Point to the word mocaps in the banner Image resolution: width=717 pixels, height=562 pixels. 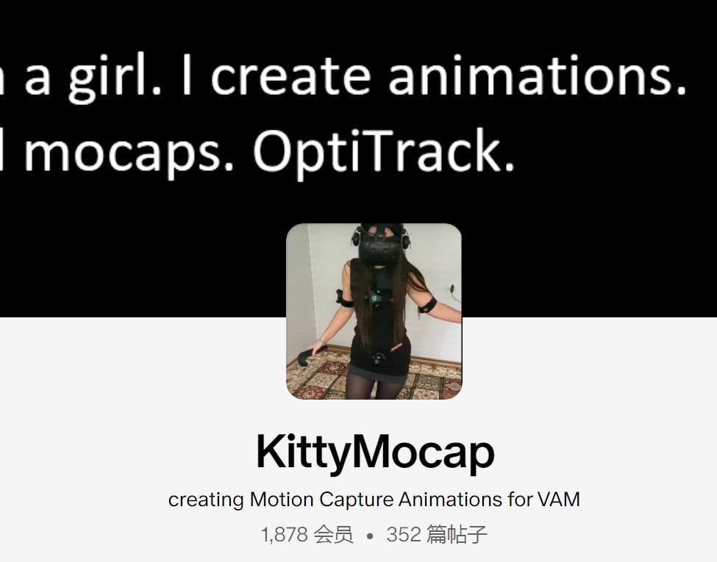click(129, 152)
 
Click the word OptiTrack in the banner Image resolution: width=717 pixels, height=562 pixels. click(383, 152)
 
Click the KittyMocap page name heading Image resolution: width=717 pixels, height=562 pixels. click(375, 453)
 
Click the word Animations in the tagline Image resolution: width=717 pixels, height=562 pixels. click(450, 500)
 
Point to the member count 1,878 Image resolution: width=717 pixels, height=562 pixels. click(285, 535)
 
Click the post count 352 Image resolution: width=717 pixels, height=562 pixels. click(403, 535)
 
